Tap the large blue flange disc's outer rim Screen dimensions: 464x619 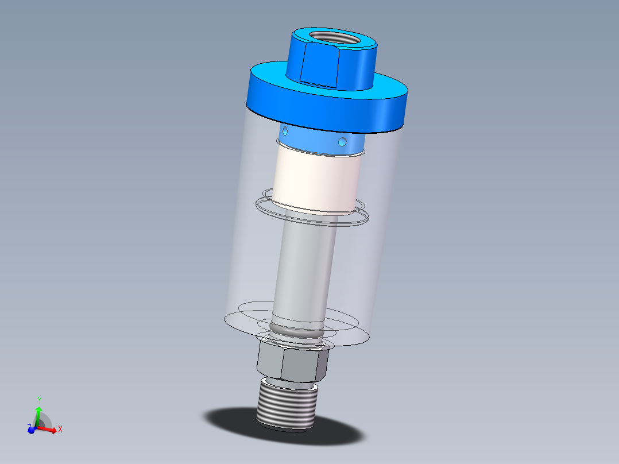tap(327, 113)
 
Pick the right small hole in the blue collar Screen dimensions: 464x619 tap(343, 141)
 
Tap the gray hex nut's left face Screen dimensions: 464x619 tap(269, 358)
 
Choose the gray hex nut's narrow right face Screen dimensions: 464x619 tap(323, 366)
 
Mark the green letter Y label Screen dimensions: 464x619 tap(39, 399)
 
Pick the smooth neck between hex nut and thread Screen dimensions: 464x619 tap(290, 381)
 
